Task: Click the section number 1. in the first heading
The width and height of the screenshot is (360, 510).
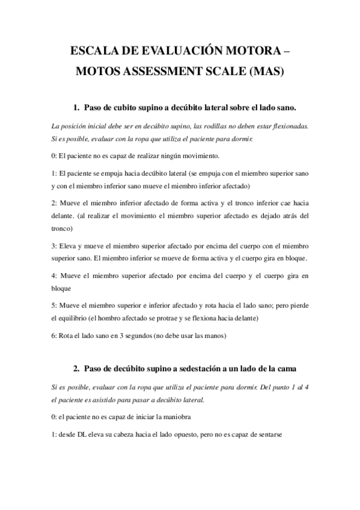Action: (x=77, y=108)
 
